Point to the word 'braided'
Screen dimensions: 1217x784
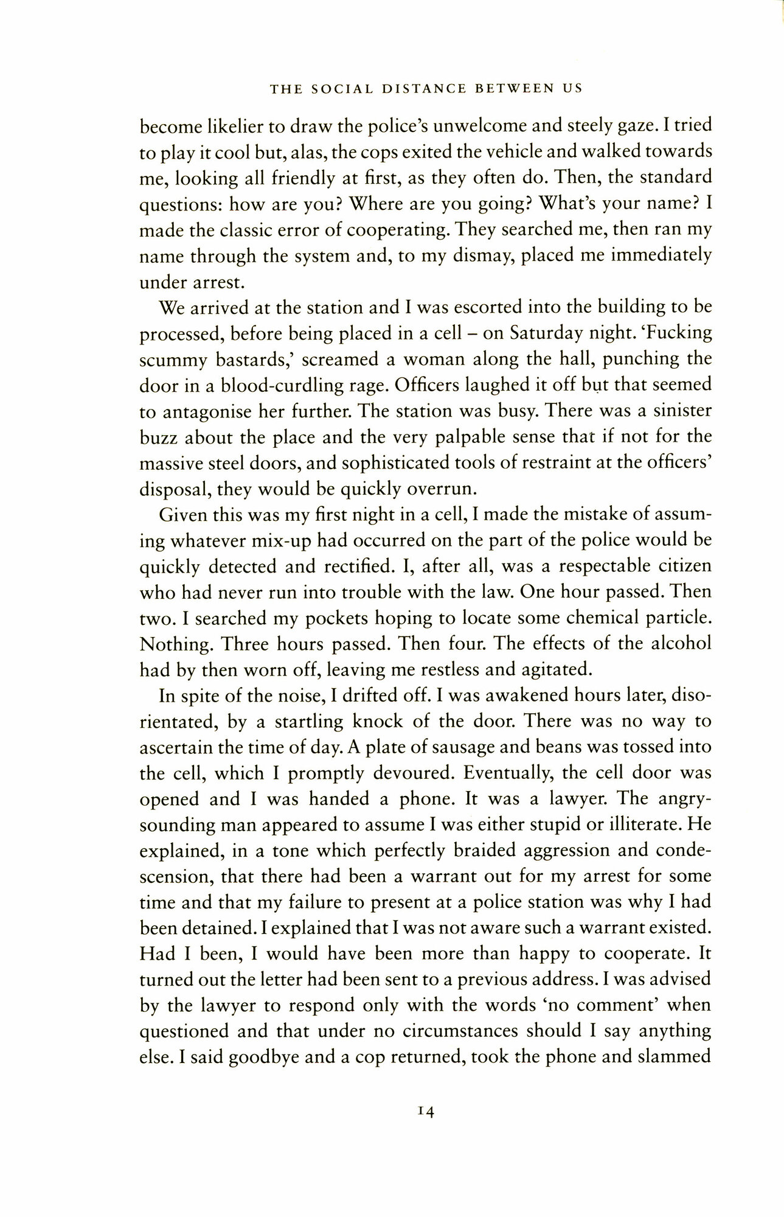click(479, 850)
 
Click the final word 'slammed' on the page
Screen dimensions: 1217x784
click(674, 1057)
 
